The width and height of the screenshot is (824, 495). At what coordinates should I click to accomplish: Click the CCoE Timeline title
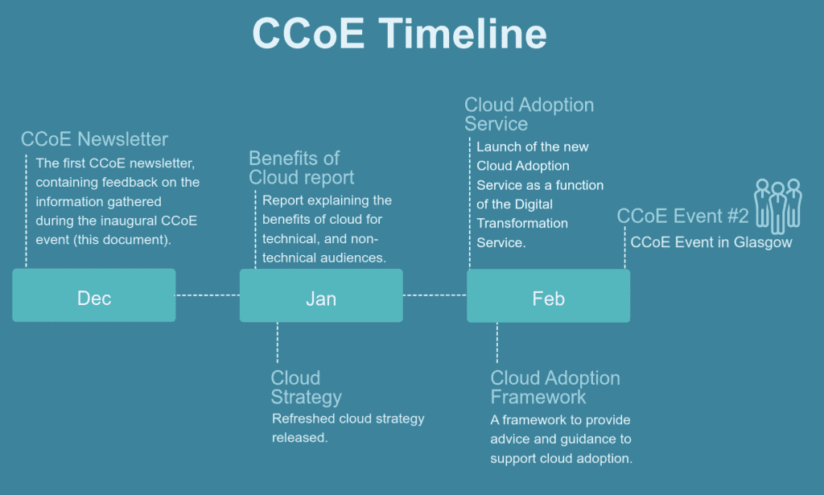pos(399,34)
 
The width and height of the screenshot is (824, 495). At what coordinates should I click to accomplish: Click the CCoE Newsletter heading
pos(95,139)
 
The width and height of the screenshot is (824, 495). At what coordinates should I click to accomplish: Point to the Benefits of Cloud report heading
pos(301,167)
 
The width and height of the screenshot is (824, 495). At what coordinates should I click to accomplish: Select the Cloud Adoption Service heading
pos(529,114)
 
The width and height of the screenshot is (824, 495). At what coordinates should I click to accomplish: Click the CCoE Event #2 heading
pos(682,216)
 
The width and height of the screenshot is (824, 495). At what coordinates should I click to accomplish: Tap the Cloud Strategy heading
pos(306,387)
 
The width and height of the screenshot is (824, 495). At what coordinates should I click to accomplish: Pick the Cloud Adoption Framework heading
pos(555,387)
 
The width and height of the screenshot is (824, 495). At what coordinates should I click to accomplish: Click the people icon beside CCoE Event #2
pos(778,204)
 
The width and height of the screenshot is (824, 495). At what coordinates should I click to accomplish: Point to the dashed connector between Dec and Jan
pos(208,295)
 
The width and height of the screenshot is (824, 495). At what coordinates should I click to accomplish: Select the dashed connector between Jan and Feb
pos(435,295)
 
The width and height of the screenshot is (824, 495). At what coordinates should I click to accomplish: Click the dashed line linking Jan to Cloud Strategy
pos(277,342)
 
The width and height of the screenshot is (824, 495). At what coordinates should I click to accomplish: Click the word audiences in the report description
pos(353,258)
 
